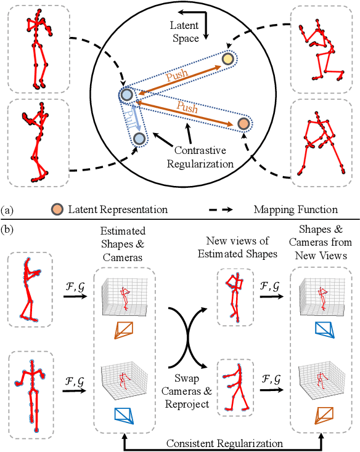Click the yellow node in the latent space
click(x=229, y=59)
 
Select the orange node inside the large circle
click(x=243, y=124)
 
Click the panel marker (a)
click(x=7, y=211)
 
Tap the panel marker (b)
click(x=7, y=231)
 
